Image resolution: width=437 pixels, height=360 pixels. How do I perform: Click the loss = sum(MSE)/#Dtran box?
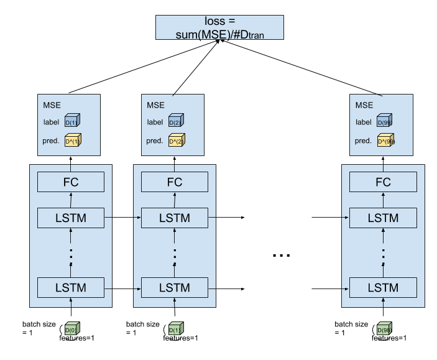click(x=219, y=27)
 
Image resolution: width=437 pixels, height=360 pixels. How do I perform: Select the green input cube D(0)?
click(x=71, y=330)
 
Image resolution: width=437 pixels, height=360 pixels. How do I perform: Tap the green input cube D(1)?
click(x=175, y=330)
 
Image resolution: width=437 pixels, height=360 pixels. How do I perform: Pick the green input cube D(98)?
click(x=383, y=330)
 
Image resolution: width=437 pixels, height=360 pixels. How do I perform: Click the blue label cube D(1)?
click(x=73, y=122)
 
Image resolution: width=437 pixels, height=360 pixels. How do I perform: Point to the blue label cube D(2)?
click(x=177, y=122)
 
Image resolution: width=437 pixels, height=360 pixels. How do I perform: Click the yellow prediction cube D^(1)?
click(x=73, y=141)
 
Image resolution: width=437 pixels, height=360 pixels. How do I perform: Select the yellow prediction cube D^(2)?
click(x=177, y=141)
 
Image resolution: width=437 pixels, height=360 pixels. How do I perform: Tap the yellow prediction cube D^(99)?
click(x=385, y=141)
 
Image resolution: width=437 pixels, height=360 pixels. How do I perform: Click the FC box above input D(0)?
click(x=71, y=182)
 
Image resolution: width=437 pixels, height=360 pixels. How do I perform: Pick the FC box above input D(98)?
click(x=383, y=182)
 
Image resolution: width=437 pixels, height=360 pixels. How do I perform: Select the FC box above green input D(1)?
click(x=175, y=182)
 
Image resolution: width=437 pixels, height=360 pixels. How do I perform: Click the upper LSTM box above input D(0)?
click(x=71, y=218)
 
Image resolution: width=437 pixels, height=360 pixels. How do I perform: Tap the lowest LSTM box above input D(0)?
click(x=71, y=288)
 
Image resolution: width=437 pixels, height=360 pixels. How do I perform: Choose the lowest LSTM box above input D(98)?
click(x=383, y=288)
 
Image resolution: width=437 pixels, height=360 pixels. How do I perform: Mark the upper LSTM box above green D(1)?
click(x=175, y=218)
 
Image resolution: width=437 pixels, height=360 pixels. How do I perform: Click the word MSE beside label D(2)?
click(x=155, y=105)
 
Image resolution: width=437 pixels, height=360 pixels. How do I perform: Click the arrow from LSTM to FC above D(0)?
click(x=71, y=200)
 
